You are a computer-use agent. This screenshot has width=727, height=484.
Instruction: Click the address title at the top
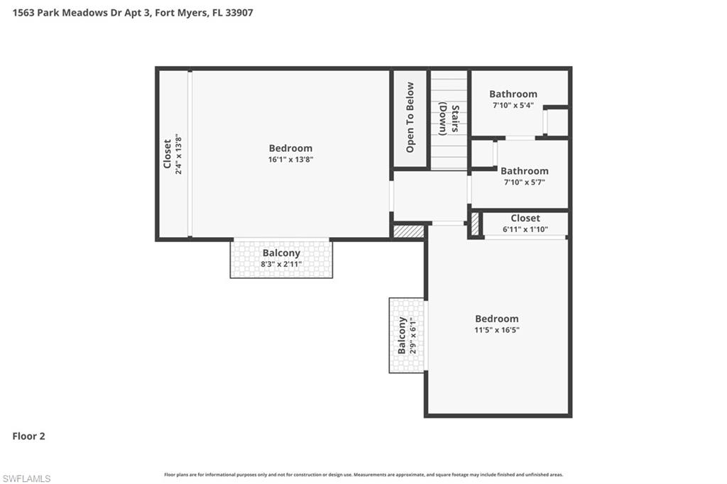coord(133,13)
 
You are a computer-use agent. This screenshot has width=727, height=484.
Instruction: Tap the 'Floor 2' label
coord(28,436)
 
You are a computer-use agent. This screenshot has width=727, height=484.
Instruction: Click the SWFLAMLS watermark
coord(26,478)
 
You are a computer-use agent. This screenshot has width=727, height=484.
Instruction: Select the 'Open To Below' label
coord(410,118)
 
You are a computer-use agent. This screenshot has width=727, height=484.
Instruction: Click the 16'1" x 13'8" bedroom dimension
coord(290,160)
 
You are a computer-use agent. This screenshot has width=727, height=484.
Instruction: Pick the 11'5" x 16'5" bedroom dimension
coord(497,330)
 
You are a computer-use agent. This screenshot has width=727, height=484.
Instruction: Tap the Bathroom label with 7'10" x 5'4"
coord(513,94)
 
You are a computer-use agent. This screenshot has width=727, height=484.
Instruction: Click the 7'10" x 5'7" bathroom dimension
coord(524,182)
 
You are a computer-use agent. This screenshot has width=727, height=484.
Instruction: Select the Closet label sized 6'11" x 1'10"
coord(525,218)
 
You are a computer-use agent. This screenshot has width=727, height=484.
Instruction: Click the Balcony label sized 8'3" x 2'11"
coord(281,253)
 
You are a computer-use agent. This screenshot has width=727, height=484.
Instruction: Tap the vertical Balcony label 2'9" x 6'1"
coord(403,335)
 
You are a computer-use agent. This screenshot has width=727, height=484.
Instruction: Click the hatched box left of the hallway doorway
coord(408,231)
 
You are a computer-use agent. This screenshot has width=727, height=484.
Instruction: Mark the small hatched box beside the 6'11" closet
coord(475,224)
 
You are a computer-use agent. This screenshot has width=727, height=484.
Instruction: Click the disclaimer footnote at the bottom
coord(363,475)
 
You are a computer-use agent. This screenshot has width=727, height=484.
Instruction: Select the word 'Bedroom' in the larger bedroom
coord(290,148)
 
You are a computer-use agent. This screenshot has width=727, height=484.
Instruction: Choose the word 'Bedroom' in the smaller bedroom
coord(497,319)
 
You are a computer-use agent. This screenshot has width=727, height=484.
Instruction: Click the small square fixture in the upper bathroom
coord(557,122)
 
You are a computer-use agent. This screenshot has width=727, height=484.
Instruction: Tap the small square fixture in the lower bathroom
coord(483,153)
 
